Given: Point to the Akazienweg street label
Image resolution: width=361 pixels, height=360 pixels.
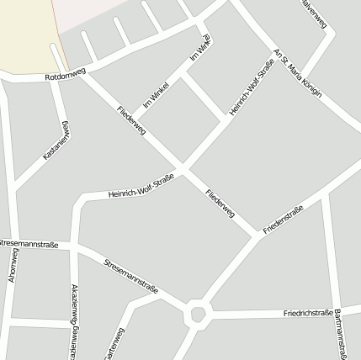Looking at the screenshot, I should pyautogui.click(x=75, y=320).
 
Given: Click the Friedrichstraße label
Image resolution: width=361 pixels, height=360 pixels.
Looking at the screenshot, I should pyautogui.click(x=309, y=313).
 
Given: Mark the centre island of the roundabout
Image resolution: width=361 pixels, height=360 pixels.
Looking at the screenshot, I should pyautogui.click(x=198, y=315).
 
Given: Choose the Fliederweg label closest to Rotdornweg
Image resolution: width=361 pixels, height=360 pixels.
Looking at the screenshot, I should pyautogui.click(x=133, y=119).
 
